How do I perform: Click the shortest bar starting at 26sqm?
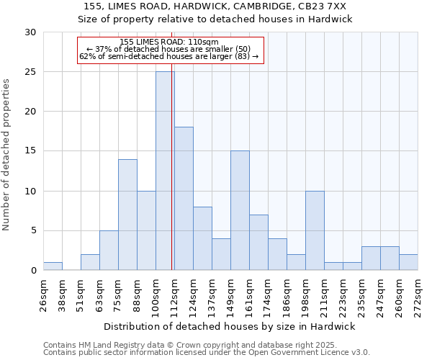53,266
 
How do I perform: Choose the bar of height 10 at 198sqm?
315,230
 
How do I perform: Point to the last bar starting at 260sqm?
408,262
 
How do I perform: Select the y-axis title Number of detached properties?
7,155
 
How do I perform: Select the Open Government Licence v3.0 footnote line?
207,352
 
